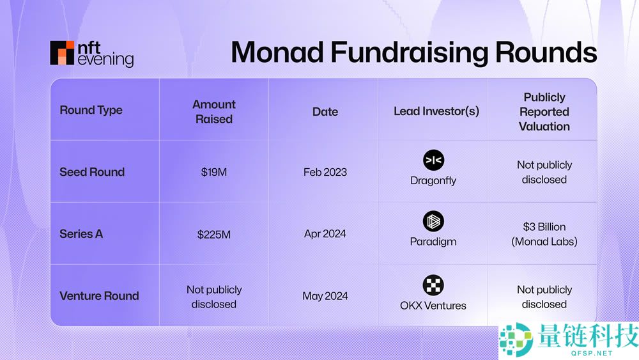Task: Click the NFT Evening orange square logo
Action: (x=62, y=53)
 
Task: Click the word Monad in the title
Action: (x=277, y=52)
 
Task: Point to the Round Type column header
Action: (x=91, y=110)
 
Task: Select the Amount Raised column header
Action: (x=214, y=111)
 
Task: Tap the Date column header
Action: (x=325, y=111)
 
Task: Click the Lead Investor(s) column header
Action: (x=436, y=111)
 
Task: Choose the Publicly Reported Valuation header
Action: (x=544, y=111)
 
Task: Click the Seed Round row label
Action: (x=92, y=172)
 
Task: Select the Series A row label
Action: (x=81, y=234)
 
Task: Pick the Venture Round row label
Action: (x=99, y=296)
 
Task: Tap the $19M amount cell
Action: (x=214, y=172)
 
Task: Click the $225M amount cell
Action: (x=214, y=234)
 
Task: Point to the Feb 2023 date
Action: (x=325, y=172)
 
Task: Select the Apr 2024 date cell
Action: (x=325, y=234)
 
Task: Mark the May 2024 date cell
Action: (x=325, y=296)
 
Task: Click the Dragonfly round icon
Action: (x=433, y=160)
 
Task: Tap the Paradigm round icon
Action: (x=433, y=222)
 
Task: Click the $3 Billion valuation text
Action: (x=544, y=227)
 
